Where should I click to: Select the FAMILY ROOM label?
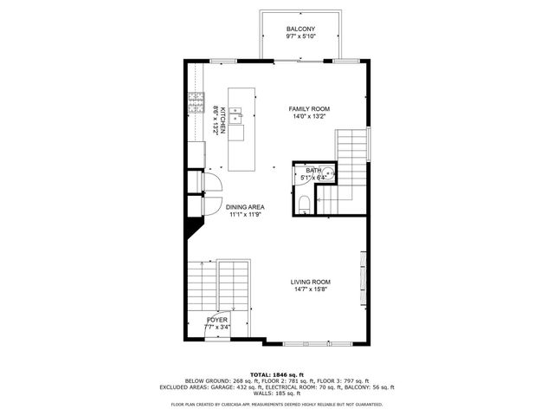point(309,108)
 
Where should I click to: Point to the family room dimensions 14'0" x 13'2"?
point(309,116)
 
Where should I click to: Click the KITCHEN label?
point(222,120)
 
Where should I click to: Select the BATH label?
point(312,171)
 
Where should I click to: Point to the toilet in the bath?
point(304,205)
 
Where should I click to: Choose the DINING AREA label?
point(245,207)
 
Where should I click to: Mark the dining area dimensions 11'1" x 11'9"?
point(245,215)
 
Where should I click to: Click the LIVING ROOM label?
point(310,282)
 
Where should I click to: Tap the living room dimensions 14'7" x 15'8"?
point(310,289)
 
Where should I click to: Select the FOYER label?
point(217,320)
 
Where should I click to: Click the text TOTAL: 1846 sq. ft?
point(276,373)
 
